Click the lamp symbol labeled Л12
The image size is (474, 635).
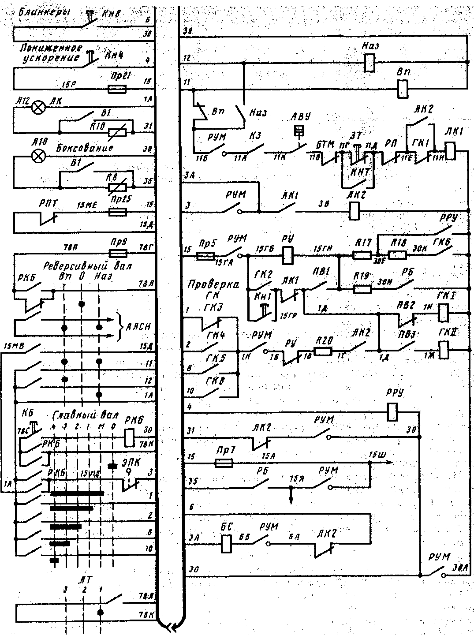[40, 107]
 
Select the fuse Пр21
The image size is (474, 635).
[117, 89]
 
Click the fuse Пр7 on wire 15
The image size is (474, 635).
[223, 463]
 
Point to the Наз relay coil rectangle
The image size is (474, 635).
[369, 63]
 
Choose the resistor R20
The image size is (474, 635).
[322, 352]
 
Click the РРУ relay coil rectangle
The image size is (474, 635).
[392, 412]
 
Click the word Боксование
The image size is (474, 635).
[85, 147]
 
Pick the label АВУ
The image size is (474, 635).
[299, 117]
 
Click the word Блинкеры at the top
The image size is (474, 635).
[40, 13]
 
